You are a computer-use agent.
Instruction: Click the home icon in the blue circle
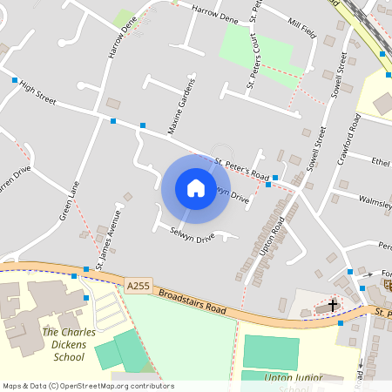195,188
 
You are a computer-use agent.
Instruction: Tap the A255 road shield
138,285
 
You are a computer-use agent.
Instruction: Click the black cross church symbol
333,306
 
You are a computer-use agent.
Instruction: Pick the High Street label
37,95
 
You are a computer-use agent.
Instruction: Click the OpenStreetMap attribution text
88,386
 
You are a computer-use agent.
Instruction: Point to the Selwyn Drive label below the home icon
193,236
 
